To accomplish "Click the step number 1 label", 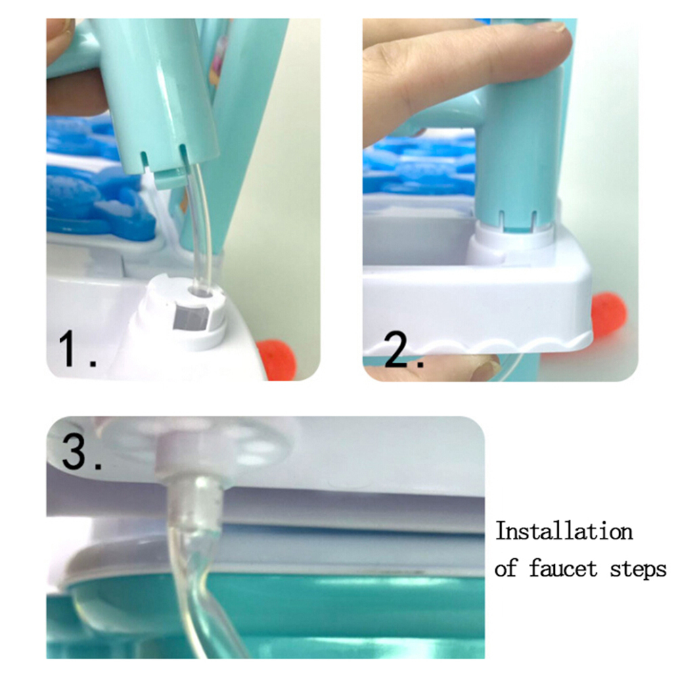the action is (x=77, y=349).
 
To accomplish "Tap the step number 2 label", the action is (x=404, y=351).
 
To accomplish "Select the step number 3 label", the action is (x=82, y=451).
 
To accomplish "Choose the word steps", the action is (x=638, y=569).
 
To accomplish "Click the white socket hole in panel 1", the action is (x=201, y=292).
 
